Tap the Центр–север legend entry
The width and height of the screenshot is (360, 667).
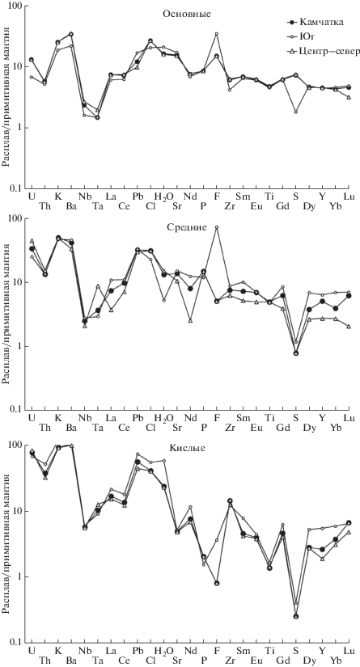(322, 52)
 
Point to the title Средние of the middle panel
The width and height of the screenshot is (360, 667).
(186, 226)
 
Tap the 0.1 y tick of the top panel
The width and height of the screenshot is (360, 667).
(17, 188)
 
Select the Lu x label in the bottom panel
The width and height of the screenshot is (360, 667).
(349, 638)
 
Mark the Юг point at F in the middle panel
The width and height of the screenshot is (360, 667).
(217, 227)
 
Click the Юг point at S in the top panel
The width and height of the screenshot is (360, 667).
(296, 112)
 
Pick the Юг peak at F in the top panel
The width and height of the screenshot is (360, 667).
(217, 34)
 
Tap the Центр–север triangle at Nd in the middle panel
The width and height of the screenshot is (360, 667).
(190, 320)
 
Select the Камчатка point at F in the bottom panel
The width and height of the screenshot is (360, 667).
(217, 583)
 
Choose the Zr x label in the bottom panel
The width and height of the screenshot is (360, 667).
(231, 649)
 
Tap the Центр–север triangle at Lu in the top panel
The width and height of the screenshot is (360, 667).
(349, 97)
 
